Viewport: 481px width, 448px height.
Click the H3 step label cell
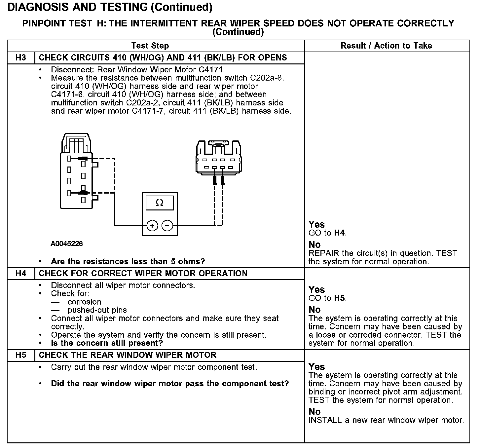tap(21, 58)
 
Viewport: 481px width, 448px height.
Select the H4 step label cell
tap(21, 274)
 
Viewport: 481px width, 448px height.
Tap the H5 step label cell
tap(21, 355)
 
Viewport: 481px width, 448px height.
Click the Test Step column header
tap(150, 46)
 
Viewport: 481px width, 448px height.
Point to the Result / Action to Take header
tap(386, 46)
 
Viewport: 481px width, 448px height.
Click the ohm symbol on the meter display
tap(160, 203)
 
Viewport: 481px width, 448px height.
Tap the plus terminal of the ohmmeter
tap(152, 226)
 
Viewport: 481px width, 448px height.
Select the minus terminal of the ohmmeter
tap(167, 226)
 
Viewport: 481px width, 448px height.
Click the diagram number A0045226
tap(67, 244)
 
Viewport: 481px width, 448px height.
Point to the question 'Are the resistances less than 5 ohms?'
tap(128, 262)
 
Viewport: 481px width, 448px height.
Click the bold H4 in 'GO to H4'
tap(340, 233)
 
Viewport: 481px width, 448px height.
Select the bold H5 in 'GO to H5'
tap(340, 298)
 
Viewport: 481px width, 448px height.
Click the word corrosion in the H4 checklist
tap(84, 302)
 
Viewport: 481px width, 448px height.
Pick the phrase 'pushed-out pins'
tap(97, 310)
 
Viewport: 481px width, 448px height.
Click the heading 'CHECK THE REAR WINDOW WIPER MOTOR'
tap(128, 355)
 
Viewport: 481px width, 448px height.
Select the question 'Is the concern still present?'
tap(107, 343)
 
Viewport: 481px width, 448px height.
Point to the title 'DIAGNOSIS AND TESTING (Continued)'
tap(110, 7)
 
